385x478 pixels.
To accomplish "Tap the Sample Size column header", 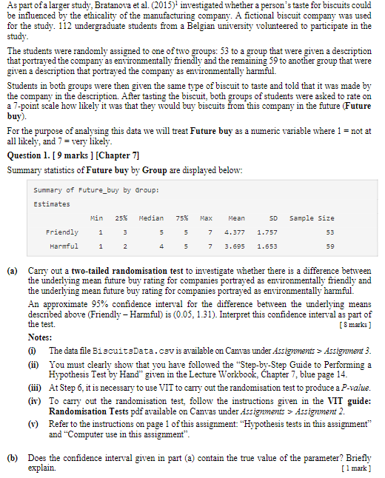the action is pos(312,218).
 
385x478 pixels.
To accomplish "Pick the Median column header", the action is pos(150,218).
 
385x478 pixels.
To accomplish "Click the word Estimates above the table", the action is pos(52,203).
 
